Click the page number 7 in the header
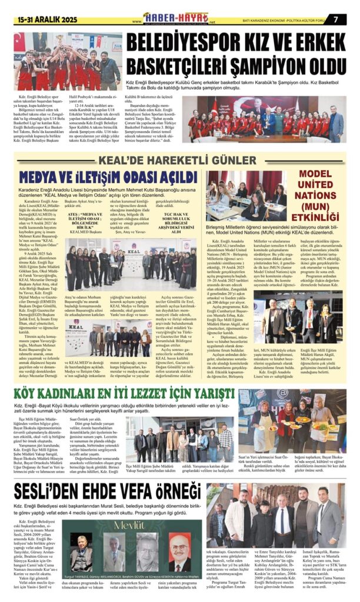tap(335, 18)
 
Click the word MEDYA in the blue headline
tap(45, 177)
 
